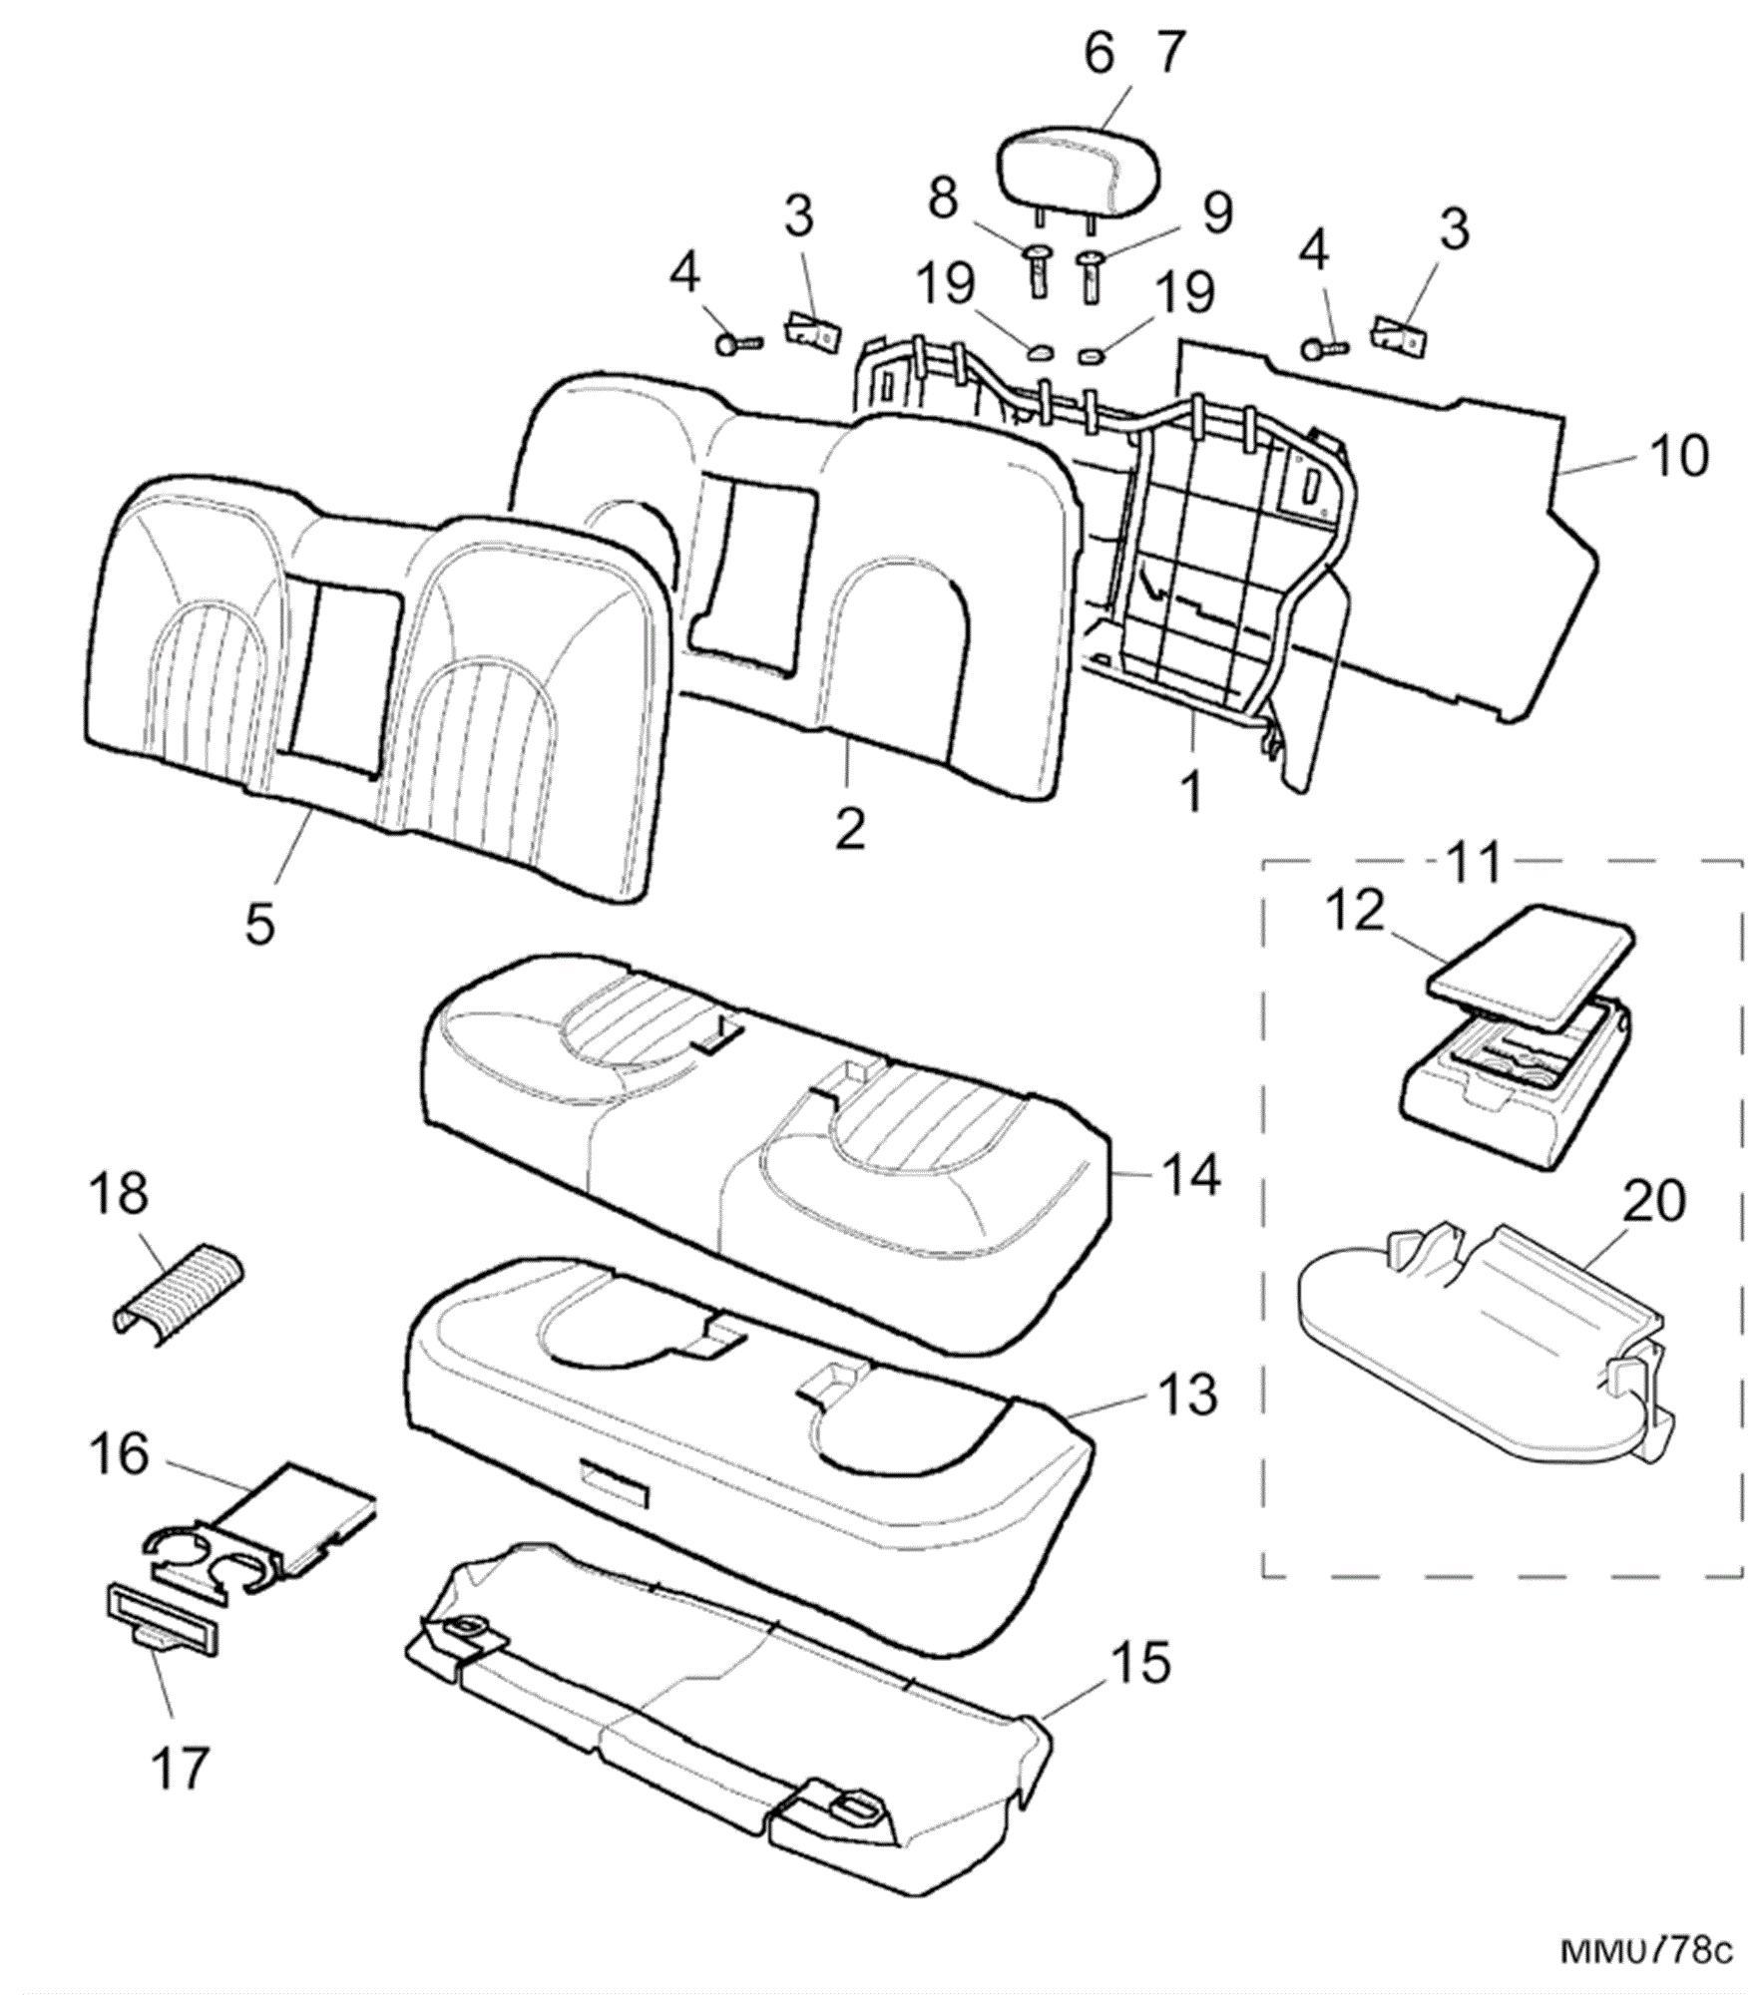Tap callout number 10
tap(1678, 456)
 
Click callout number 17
tap(181, 1769)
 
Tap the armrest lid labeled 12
tap(1533, 962)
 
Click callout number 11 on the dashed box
tap(1474, 862)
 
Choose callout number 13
tap(1187, 1394)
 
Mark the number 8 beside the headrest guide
tap(944, 199)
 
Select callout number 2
tap(850, 829)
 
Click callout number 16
tap(120, 1453)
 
